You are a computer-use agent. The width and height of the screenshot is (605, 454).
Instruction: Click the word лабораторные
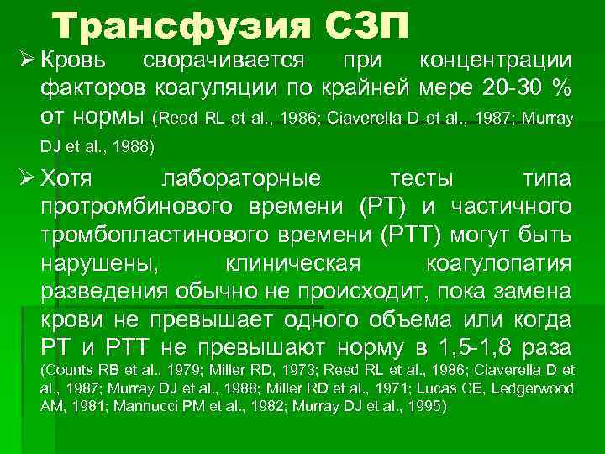(241, 179)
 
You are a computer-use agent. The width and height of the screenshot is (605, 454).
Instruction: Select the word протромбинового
(134, 207)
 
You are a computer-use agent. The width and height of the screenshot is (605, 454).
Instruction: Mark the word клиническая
(293, 264)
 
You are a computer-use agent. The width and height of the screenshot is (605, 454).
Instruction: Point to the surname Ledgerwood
(534, 388)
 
